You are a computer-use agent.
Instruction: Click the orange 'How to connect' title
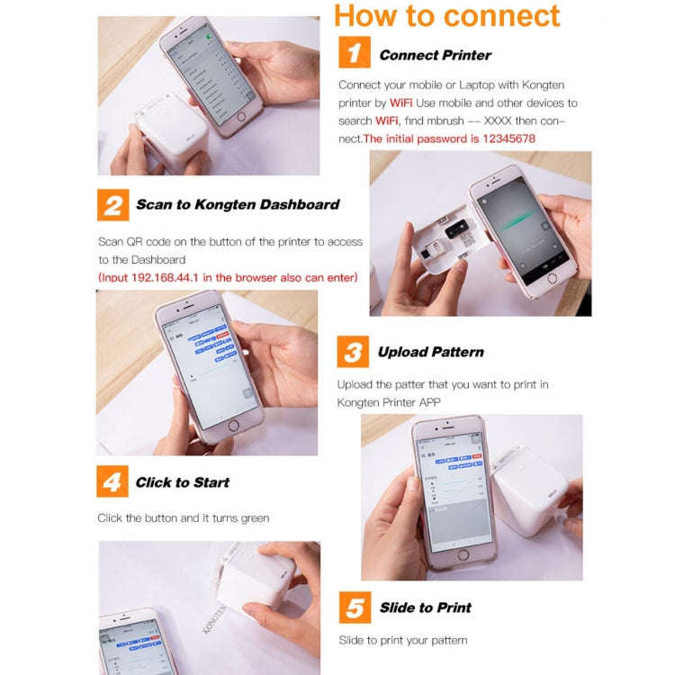click(x=447, y=15)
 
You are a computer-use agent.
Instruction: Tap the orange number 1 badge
click(x=354, y=53)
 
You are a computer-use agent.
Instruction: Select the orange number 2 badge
click(x=112, y=204)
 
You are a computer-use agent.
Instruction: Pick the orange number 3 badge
click(x=353, y=352)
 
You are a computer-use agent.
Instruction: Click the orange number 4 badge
click(x=112, y=481)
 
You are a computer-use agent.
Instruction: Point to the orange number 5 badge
click(x=355, y=607)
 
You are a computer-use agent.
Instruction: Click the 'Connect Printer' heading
click(x=435, y=55)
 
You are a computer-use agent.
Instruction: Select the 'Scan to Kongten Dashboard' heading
click(x=238, y=204)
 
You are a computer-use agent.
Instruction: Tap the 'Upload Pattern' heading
click(x=430, y=352)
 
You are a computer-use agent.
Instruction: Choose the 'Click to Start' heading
click(x=182, y=482)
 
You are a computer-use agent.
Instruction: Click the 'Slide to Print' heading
click(x=425, y=607)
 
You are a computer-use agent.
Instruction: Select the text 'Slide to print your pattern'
click(x=403, y=640)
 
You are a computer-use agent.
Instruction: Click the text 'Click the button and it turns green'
click(x=183, y=517)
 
